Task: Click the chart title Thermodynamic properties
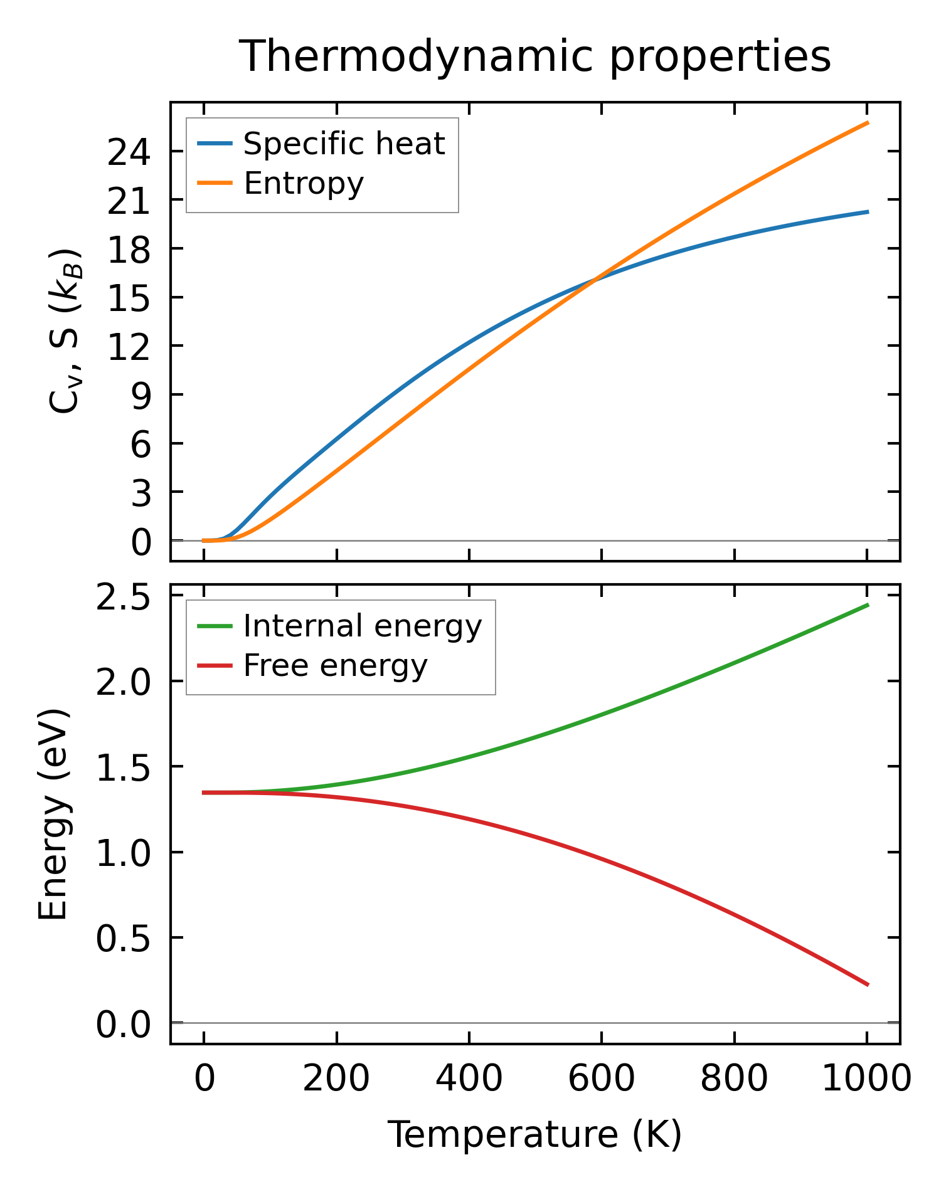pyautogui.click(x=535, y=56)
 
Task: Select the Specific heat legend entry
pyautogui.click(x=344, y=144)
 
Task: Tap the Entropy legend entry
pyautogui.click(x=304, y=184)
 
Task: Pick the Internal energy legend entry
pyautogui.click(x=363, y=626)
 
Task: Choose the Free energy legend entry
pyautogui.click(x=335, y=666)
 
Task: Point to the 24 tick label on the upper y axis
pyautogui.click(x=129, y=152)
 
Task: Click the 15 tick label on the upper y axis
pyautogui.click(x=129, y=298)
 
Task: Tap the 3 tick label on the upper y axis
pyautogui.click(x=141, y=492)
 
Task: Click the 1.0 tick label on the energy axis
pyautogui.click(x=123, y=853)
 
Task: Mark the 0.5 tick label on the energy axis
pyautogui.click(x=123, y=939)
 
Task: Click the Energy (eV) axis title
pyautogui.click(x=53, y=815)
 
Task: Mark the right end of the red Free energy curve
pyautogui.click(x=867, y=984)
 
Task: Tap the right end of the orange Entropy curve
pyautogui.click(x=867, y=123)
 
